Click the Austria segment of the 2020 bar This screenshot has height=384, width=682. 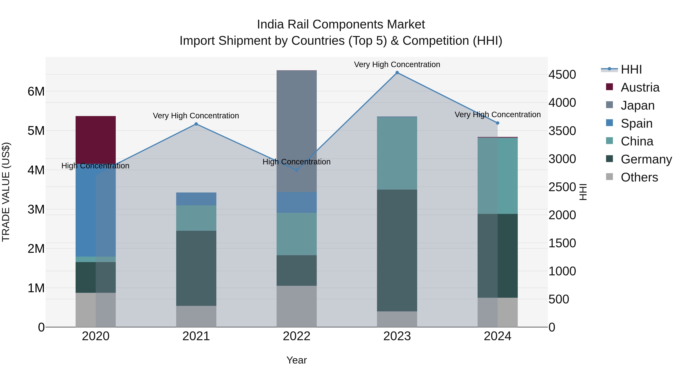[96, 140]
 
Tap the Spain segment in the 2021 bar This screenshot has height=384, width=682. [196, 199]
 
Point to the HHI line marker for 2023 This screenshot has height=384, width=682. [397, 73]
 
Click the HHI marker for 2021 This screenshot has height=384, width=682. [196, 124]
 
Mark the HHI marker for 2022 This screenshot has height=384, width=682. [296, 170]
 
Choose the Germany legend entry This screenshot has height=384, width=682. [646, 159]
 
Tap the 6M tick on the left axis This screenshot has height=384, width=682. [36, 91]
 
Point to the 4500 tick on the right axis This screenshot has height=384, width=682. [562, 75]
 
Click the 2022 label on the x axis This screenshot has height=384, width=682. [296, 336]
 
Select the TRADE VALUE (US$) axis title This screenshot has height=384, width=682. [6, 192]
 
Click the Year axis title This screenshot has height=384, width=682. [296, 360]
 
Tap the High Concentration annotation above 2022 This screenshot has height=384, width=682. [296, 162]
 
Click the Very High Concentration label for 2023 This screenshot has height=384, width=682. [397, 64]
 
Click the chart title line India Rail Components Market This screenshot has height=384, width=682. [341, 24]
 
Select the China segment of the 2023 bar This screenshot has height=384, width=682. [397, 153]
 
